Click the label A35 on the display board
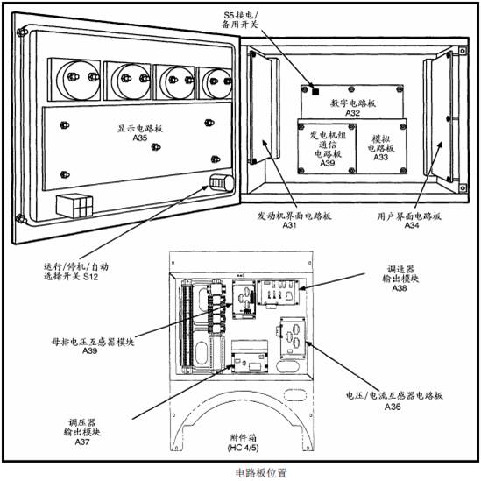tap(140, 138)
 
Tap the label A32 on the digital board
tap(353, 113)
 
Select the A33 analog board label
tap(381, 157)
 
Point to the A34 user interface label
tap(412, 225)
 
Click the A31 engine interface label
tap(289, 225)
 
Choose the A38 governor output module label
tap(400, 288)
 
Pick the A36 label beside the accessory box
tap(393, 407)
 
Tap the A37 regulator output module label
tap(82, 442)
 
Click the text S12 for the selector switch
tap(91, 277)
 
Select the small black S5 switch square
tap(315, 92)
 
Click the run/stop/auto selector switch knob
tap(222, 183)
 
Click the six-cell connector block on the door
tap(74, 206)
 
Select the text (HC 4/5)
tap(244, 448)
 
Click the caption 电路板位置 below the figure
tap(261, 473)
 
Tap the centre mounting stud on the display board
tap(156, 147)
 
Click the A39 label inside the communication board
tap(328, 163)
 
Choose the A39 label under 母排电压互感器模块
tap(90, 350)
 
